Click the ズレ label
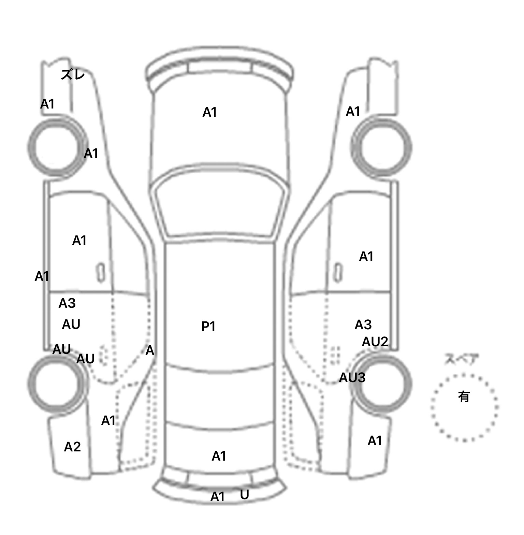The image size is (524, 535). tap(72, 74)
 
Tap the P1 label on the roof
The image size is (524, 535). tap(208, 327)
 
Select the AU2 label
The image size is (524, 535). tap(375, 342)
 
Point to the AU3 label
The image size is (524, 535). tap(352, 377)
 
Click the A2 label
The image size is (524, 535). tap(72, 446)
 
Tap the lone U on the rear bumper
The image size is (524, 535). tap(244, 494)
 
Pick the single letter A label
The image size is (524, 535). tap(150, 350)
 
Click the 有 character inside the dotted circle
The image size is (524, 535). tap(464, 396)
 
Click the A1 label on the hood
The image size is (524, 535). tap(209, 112)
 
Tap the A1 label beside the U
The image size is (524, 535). tap(217, 497)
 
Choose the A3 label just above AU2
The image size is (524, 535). tap(363, 325)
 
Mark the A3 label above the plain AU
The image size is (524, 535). tap(67, 303)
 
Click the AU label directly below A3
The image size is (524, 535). tap(71, 324)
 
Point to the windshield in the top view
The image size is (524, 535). tap(220, 205)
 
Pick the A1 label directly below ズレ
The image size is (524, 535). tap(47, 104)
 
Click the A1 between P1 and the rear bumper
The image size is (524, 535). tap(219, 456)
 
